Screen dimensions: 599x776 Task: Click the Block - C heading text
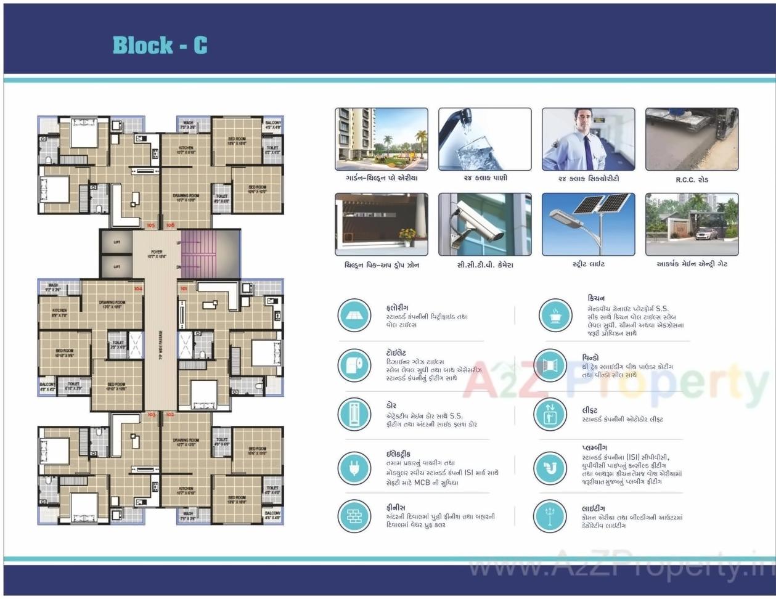(x=160, y=45)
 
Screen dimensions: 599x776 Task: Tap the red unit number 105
(x=151, y=226)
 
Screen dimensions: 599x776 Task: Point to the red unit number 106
(x=170, y=226)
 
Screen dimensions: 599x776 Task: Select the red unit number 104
(x=138, y=288)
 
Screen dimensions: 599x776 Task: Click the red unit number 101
(x=184, y=288)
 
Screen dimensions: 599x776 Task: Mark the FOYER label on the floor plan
(x=157, y=254)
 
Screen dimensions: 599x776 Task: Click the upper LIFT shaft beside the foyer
(x=116, y=242)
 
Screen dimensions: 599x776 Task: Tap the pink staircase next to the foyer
(x=198, y=254)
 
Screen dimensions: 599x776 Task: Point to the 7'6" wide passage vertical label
(x=160, y=345)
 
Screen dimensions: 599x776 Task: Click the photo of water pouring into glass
(x=484, y=139)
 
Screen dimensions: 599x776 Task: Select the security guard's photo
(x=588, y=139)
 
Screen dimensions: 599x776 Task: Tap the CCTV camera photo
(x=484, y=224)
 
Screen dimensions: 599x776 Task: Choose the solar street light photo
(x=588, y=224)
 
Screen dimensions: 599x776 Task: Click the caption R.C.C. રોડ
(x=692, y=180)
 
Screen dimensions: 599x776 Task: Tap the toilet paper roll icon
(x=354, y=365)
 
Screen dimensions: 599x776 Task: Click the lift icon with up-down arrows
(x=550, y=414)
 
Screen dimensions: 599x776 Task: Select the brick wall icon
(x=354, y=516)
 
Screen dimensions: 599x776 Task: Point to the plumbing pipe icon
(x=550, y=468)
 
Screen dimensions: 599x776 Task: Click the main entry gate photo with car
(x=692, y=224)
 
